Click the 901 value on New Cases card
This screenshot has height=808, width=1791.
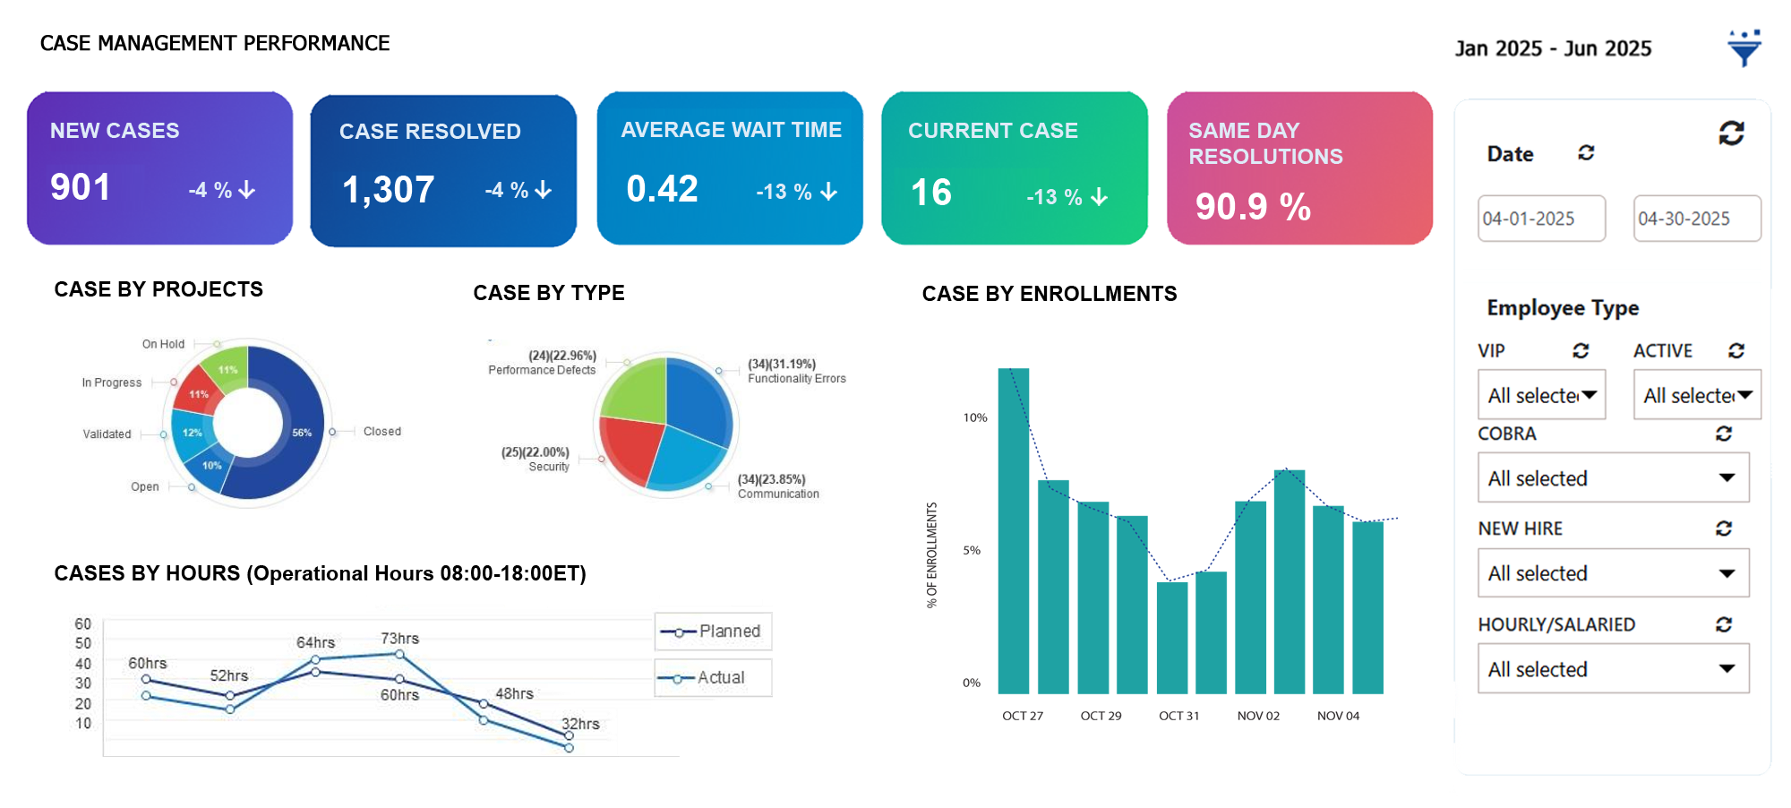[81, 187]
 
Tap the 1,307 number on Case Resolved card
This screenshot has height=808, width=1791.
[388, 190]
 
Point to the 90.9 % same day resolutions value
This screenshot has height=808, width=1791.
[1253, 207]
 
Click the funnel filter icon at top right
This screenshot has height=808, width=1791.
[1744, 48]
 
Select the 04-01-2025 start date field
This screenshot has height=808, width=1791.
[1541, 219]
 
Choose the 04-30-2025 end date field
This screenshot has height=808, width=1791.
[1696, 219]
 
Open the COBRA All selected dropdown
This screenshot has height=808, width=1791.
[1613, 478]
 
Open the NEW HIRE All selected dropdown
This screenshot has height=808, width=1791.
[1613, 573]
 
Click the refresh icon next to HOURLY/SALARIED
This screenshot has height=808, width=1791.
[1724, 624]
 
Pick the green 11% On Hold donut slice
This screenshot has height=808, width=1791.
[227, 367]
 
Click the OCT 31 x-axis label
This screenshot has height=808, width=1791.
[1178, 716]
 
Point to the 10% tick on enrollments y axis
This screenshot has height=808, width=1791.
[974, 417]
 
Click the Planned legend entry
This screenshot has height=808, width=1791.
[714, 632]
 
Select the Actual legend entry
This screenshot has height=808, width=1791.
[714, 678]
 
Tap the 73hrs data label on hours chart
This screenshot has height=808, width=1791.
[399, 639]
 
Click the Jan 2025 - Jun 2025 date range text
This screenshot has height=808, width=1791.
[1553, 48]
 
